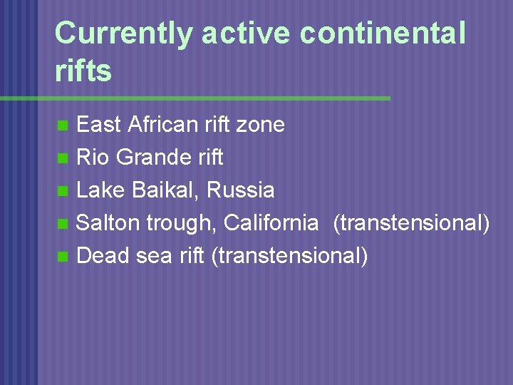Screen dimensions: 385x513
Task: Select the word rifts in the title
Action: pyautogui.click(x=83, y=71)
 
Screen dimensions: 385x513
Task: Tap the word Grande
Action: pyautogui.click(x=150, y=158)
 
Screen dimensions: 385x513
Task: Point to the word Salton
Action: pyautogui.click(x=108, y=223)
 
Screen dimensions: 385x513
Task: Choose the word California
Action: pyautogui.click(x=271, y=223)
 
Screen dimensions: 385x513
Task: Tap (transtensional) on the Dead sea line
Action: pyautogui.click(x=290, y=255)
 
